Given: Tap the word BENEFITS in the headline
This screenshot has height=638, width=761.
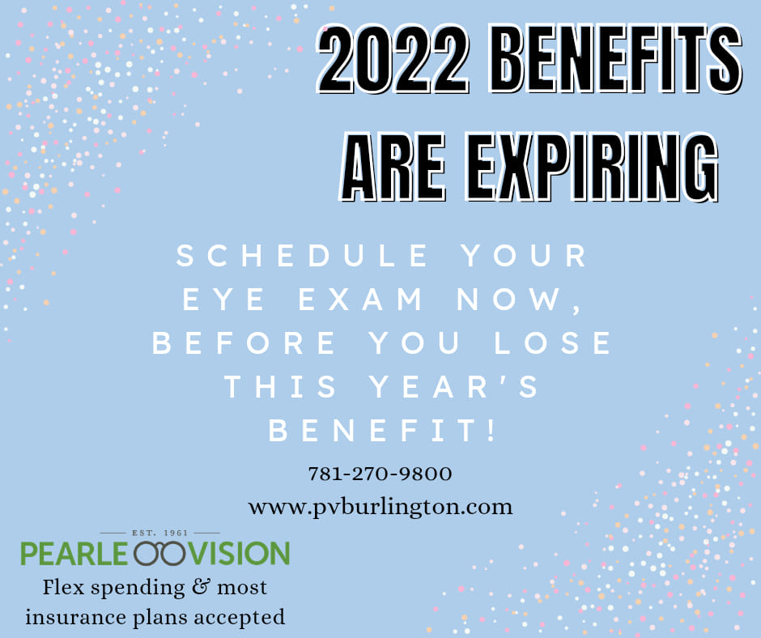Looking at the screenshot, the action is point(615,59).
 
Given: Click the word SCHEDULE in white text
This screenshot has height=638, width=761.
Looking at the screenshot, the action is point(302,255).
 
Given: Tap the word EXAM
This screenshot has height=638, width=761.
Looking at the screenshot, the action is point(360,299).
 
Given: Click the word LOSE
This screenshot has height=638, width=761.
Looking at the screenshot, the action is point(553,342).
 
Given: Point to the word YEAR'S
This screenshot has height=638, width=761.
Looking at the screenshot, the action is point(454,386).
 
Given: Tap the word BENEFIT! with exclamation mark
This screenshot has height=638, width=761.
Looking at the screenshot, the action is point(382,430).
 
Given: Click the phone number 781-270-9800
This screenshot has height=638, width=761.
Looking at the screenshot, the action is point(380,474).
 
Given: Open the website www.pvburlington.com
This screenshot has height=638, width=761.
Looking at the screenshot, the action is point(380,508).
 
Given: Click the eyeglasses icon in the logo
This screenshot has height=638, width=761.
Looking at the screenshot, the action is point(159,554).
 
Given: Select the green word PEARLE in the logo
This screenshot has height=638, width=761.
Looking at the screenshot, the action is point(74,554).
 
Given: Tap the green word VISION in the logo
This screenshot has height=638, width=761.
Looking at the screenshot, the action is point(240,554).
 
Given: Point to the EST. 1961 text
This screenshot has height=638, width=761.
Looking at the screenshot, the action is point(159,533).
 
